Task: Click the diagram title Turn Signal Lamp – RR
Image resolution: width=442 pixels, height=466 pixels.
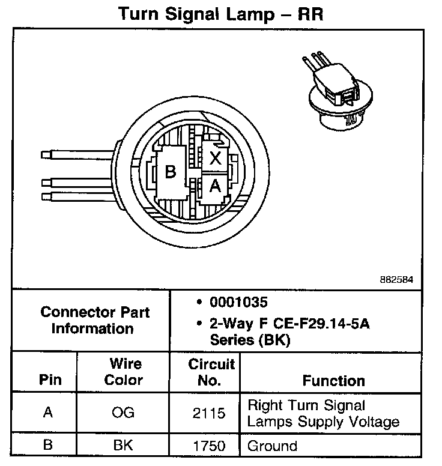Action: point(220,14)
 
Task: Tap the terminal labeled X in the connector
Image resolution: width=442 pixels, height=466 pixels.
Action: point(216,159)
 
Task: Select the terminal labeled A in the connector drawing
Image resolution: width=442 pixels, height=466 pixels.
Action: point(215,187)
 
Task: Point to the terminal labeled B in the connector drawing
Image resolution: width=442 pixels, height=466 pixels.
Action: point(171,173)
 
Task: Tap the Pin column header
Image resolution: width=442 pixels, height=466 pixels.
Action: point(50,380)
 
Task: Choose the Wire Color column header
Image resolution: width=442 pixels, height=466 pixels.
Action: point(124,372)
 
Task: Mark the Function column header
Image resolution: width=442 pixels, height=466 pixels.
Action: point(333,380)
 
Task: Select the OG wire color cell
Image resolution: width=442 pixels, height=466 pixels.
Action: point(123,413)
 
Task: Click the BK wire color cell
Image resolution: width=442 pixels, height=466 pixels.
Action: point(123,446)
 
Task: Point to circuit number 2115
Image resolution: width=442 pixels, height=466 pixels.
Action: point(209,413)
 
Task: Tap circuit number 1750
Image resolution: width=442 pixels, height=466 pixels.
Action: point(209,446)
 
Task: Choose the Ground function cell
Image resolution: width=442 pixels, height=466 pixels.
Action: point(273,446)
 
